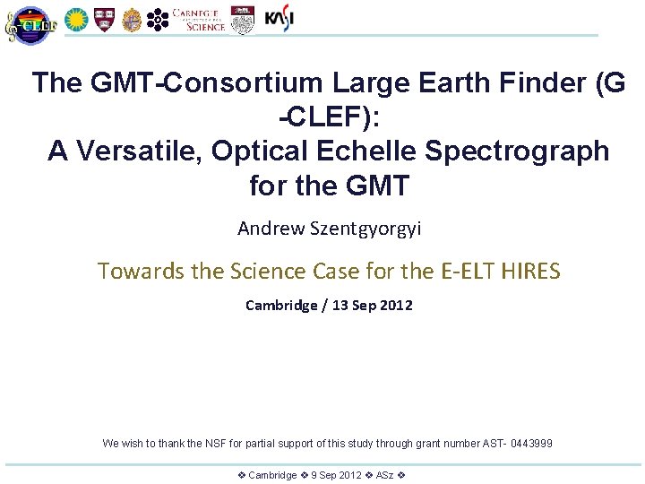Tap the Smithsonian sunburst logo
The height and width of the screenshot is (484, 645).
click(76, 19)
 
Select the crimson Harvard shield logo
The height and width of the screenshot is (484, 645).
click(104, 19)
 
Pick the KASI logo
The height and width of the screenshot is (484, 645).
click(279, 18)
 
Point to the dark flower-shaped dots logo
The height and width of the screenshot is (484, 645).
click(158, 19)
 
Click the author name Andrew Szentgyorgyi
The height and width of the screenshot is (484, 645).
click(329, 229)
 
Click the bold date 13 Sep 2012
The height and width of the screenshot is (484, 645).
click(373, 306)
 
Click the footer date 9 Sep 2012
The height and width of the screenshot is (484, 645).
click(336, 475)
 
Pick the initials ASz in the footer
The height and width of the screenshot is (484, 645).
click(386, 475)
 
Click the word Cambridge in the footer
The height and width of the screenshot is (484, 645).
click(272, 475)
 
